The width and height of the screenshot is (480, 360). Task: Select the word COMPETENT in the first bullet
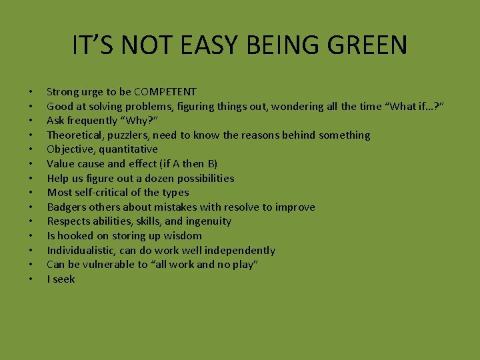pos(165,91)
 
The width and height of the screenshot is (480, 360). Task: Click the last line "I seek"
pos(61,279)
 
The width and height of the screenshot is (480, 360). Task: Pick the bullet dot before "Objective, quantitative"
pos(31,149)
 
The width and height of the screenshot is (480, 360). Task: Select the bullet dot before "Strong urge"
pos(31,91)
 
